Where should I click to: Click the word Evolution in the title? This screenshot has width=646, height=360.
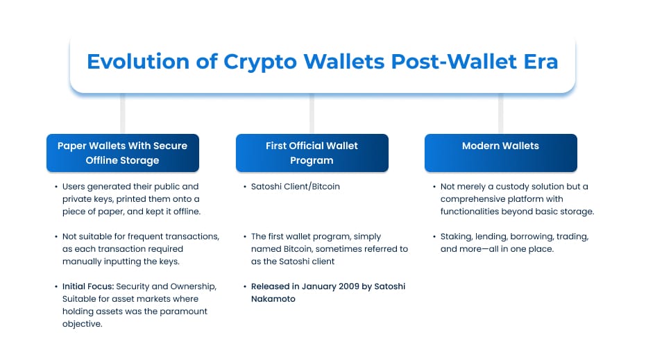click(x=138, y=61)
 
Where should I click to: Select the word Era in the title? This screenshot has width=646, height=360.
click(x=541, y=61)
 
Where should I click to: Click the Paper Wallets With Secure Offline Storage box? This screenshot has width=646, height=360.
click(x=123, y=153)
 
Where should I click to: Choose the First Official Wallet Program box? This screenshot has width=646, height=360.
click(x=312, y=153)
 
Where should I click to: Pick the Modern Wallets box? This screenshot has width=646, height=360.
click(x=500, y=153)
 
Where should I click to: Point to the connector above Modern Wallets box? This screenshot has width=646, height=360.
click(x=500, y=113)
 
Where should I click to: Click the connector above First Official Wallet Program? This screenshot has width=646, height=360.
click(x=312, y=113)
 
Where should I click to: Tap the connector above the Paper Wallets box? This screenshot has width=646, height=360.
click(x=123, y=113)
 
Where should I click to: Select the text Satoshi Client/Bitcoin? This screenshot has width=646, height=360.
click(x=296, y=187)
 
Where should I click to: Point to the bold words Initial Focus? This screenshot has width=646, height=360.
click(x=88, y=286)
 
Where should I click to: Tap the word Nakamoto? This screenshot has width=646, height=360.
click(x=273, y=299)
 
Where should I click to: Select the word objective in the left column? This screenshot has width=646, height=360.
click(x=82, y=324)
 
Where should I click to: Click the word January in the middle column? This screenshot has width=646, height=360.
click(x=318, y=286)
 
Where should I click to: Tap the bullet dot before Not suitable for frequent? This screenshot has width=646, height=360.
click(x=56, y=237)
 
